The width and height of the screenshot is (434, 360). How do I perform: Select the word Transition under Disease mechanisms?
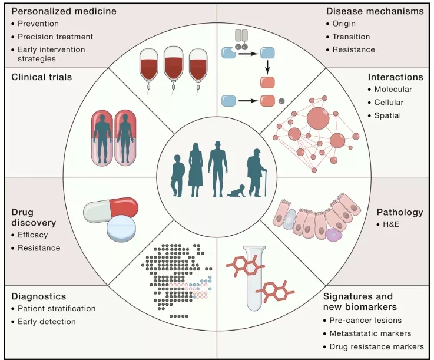pyautogui.click(x=352, y=37)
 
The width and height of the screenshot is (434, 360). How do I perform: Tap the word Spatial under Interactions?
pyautogui.click(x=387, y=115)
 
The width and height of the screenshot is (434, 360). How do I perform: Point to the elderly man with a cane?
pyautogui.click(x=257, y=171)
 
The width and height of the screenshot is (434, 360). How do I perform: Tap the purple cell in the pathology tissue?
pyautogui.click(x=334, y=236)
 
